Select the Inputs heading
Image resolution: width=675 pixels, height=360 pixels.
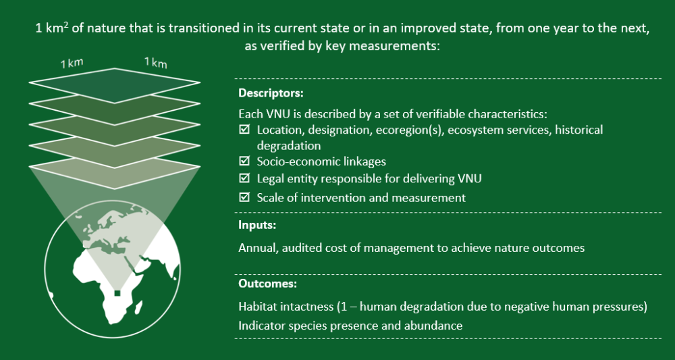pyautogui.click(x=257, y=225)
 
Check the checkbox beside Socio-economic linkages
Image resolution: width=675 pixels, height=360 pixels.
pyautogui.click(x=244, y=161)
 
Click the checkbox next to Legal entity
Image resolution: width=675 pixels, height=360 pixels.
pyautogui.click(x=244, y=178)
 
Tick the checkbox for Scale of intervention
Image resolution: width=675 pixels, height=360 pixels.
pyautogui.click(x=244, y=197)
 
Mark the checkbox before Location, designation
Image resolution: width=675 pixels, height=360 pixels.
pyautogui.click(x=244, y=129)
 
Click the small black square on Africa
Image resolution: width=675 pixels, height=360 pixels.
pyautogui.click(x=117, y=293)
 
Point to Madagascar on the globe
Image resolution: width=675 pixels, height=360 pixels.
pyautogui.click(x=138, y=307)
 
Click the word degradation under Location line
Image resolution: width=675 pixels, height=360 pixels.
pyautogui.click(x=289, y=145)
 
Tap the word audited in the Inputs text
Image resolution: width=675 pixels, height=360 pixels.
pyautogui.click(x=302, y=248)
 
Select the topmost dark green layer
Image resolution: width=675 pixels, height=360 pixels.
pyautogui.click(x=115, y=85)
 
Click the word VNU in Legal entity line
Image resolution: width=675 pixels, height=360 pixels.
pyautogui.click(x=469, y=178)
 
